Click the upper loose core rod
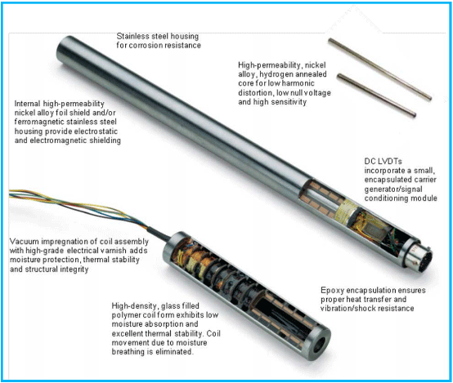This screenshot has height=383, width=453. click(380, 69)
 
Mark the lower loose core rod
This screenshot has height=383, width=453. click(377, 95)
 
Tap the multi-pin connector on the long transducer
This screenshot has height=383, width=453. click(420, 256)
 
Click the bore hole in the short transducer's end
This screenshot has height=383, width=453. click(319, 345)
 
